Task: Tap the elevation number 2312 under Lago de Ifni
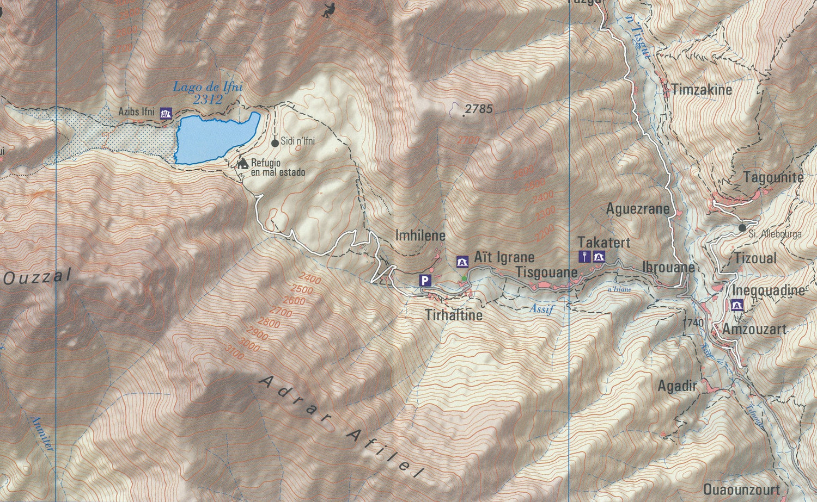pyautogui.click(x=208, y=100)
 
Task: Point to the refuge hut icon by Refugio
pyautogui.click(x=242, y=163)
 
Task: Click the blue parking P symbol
pyautogui.click(x=425, y=281)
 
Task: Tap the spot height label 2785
pyautogui.click(x=479, y=109)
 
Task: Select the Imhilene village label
pyautogui.click(x=420, y=235)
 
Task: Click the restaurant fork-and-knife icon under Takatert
pyautogui.click(x=584, y=256)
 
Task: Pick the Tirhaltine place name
pyautogui.click(x=454, y=315)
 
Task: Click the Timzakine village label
pyautogui.click(x=702, y=90)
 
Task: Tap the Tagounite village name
pyautogui.click(x=773, y=177)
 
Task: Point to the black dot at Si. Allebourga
pyautogui.click(x=742, y=228)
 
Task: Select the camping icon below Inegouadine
pyautogui.click(x=737, y=305)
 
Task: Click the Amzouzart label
pyautogui.click(x=754, y=329)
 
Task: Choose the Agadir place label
pyautogui.click(x=677, y=386)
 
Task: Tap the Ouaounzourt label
pyautogui.click(x=741, y=489)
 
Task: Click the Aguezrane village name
pyautogui.click(x=637, y=208)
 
